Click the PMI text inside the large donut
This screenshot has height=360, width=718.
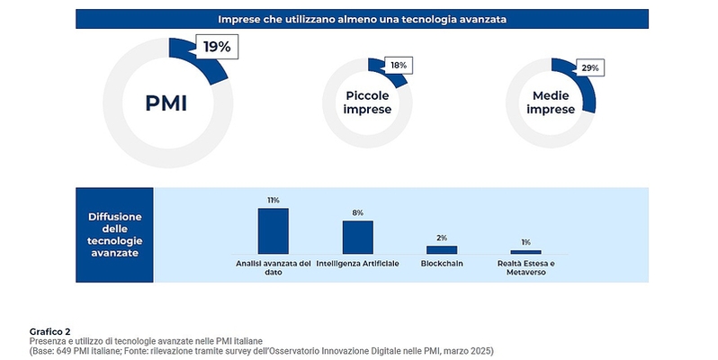click(x=166, y=103)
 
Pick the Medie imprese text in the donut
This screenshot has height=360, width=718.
click(x=552, y=103)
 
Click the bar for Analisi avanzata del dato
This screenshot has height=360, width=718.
click(x=273, y=230)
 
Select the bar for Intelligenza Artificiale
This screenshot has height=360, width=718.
click(x=357, y=237)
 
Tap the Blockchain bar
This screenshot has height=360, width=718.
click(x=442, y=249)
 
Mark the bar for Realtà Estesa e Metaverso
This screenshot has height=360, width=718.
click(x=525, y=252)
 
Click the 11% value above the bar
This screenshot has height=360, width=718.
click(x=273, y=200)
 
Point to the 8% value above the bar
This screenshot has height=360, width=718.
click(x=357, y=212)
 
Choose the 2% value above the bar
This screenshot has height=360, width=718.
click(x=442, y=238)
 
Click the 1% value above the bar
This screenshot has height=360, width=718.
click(x=525, y=242)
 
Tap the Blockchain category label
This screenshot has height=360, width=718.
click(x=442, y=263)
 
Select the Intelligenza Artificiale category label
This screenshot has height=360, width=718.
click(x=357, y=263)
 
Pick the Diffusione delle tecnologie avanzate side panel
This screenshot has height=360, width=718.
click(x=114, y=234)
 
